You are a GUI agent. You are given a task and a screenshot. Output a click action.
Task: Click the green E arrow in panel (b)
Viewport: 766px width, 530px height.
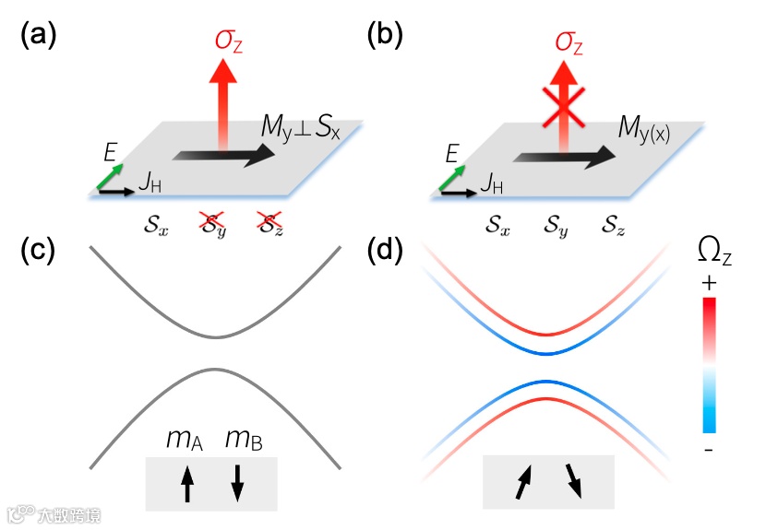454,176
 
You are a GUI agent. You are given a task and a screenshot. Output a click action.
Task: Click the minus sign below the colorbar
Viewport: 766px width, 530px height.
708,449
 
